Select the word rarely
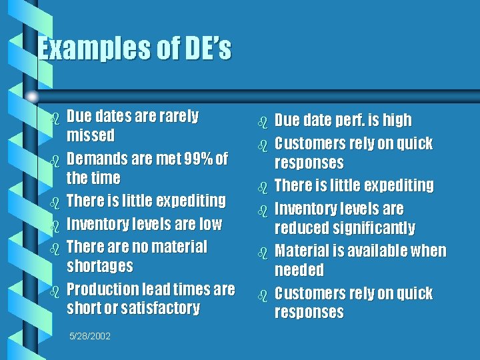click(179, 117)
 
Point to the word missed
click(91, 136)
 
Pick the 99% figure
click(200, 159)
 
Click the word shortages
click(99, 266)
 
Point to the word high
click(397, 121)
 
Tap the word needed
click(299, 270)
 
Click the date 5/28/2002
click(90, 335)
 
